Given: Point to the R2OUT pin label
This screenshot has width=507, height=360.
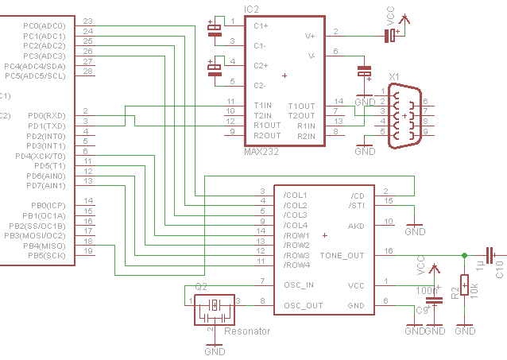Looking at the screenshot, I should coord(267,136).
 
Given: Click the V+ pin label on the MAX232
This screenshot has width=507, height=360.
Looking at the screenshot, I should coord(311,36).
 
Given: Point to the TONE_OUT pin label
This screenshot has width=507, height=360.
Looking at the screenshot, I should coord(342,255).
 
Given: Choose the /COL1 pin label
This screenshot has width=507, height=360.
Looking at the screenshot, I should coord(296,195).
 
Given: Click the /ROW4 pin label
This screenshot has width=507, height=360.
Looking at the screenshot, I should coord(296,265).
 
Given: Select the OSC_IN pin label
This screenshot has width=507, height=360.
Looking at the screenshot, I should coord(299,285).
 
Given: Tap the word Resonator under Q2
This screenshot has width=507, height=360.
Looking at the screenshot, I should coord(247,331).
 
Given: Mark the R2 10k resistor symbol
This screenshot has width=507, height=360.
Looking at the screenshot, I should coord(465,285).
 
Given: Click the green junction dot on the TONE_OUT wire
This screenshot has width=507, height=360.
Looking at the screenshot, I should coord(465,255).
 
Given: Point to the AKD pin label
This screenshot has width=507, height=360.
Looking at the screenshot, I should coord(355,226).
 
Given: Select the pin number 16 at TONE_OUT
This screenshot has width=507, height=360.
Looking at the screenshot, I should coord(388,250).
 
